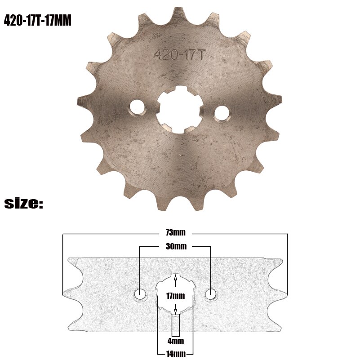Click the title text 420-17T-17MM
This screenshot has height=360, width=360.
38,21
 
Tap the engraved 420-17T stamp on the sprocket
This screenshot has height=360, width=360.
179,54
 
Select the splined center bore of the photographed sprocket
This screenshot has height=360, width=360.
179,109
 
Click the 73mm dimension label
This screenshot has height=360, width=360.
175,233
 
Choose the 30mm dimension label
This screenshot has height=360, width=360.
176,246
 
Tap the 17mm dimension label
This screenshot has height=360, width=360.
175,295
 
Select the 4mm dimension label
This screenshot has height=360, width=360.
175,341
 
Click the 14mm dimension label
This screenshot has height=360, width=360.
175,353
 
